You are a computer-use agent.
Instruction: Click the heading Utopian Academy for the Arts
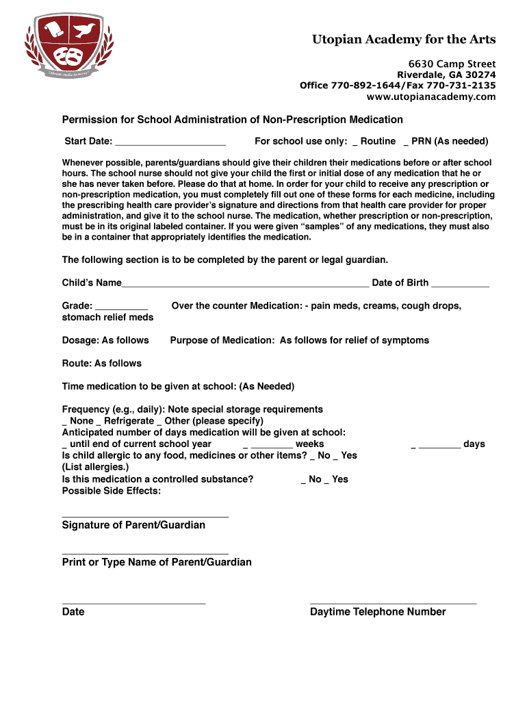click(404, 39)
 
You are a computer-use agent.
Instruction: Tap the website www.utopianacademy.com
click(430, 97)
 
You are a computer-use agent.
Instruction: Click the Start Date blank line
click(170, 142)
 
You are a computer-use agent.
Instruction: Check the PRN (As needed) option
click(407, 142)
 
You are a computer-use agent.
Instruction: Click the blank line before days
click(439, 445)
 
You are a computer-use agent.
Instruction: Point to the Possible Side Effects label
click(112, 491)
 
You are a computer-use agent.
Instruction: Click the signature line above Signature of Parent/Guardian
click(145, 516)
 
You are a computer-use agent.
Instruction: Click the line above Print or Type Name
click(145, 553)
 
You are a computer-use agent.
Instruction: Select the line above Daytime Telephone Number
click(393, 603)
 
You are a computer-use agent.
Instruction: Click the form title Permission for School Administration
click(232, 120)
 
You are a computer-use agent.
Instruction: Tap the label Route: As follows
click(102, 364)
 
